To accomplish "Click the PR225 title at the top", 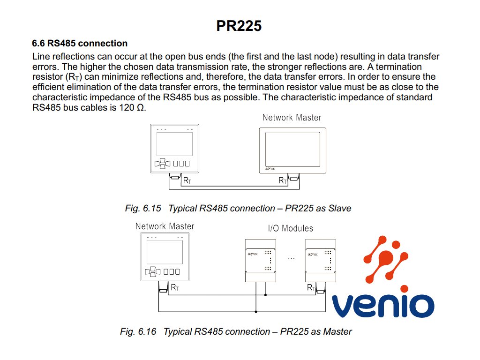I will pyautogui.click(x=239, y=26).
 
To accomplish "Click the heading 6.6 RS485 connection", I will pyautogui.click(x=80, y=44).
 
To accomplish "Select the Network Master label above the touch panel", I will pyautogui.click(x=292, y=118).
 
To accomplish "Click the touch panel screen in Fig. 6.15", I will pyautogui.click(x=292, y=147).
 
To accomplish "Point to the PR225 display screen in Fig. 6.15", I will pyautogui.click(x=174, y=144).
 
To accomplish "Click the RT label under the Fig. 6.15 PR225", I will pyautogui.click(x=187, y=180).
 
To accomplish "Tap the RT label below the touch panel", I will pyautogui.click(x=283, y=180).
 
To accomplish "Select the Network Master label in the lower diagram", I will pyautogui.click(x=165, y=226).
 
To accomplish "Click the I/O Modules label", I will pyautogui.click(x=291, y=229).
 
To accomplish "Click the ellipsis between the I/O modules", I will pyautogui.click(x=291, y=258).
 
